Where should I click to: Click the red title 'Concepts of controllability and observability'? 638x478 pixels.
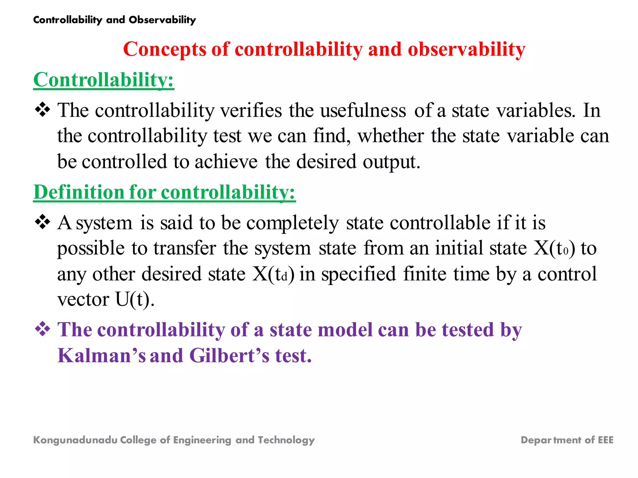click(x=324, y=49)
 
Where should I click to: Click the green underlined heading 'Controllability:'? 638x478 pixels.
click(x=103, y=80)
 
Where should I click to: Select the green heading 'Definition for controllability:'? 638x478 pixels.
click(x=164, y=192)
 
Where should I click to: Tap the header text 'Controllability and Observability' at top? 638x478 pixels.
click(x=114, y=20)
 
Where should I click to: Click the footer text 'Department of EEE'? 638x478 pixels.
click(x=567, y=440)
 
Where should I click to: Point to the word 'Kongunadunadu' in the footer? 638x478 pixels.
click(x=75, y=440)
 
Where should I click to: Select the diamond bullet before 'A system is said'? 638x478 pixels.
click(x=42, y=222)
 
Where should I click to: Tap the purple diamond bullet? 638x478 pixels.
click(x=42, y=329)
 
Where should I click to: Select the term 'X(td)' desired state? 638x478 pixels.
click(x=273, y=274)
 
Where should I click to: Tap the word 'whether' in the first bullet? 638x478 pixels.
click(x=390, y=136)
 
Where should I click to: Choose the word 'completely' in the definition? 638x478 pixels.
click(x=292, y=223)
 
